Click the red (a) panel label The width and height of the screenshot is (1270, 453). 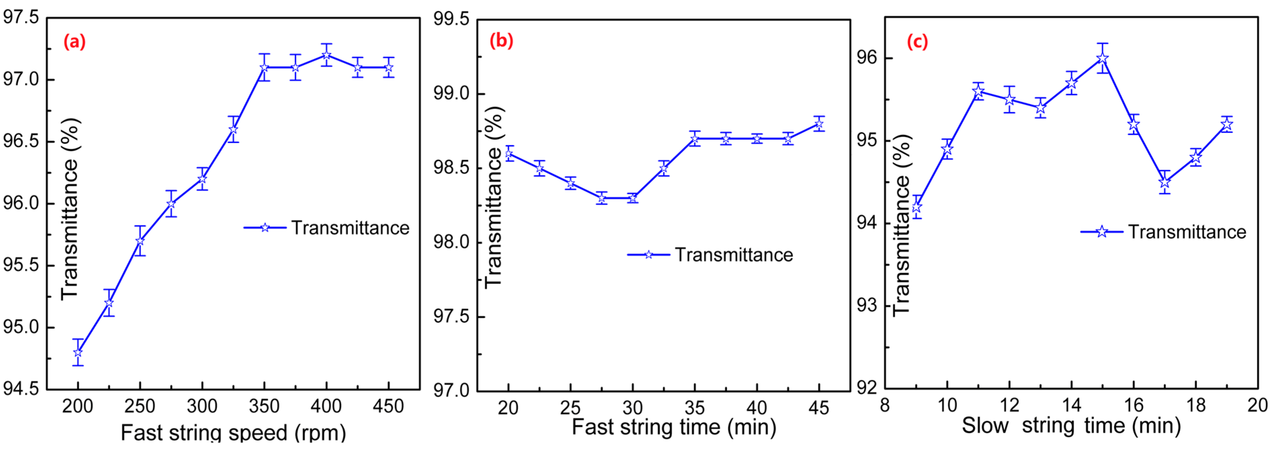75,42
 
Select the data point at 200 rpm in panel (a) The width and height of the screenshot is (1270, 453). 78,353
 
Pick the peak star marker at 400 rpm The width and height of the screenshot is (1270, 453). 326,55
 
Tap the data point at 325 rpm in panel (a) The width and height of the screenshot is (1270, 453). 233,129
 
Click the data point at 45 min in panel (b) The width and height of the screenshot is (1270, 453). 819,124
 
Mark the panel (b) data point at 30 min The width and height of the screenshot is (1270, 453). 633,198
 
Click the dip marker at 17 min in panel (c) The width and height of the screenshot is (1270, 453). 1165,182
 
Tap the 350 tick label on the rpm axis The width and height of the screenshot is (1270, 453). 264,407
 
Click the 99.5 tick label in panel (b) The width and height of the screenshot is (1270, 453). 451,20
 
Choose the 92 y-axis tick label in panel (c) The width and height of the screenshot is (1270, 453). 867,388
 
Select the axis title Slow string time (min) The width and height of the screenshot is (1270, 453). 1071,426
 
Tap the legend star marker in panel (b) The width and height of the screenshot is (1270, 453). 648,255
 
